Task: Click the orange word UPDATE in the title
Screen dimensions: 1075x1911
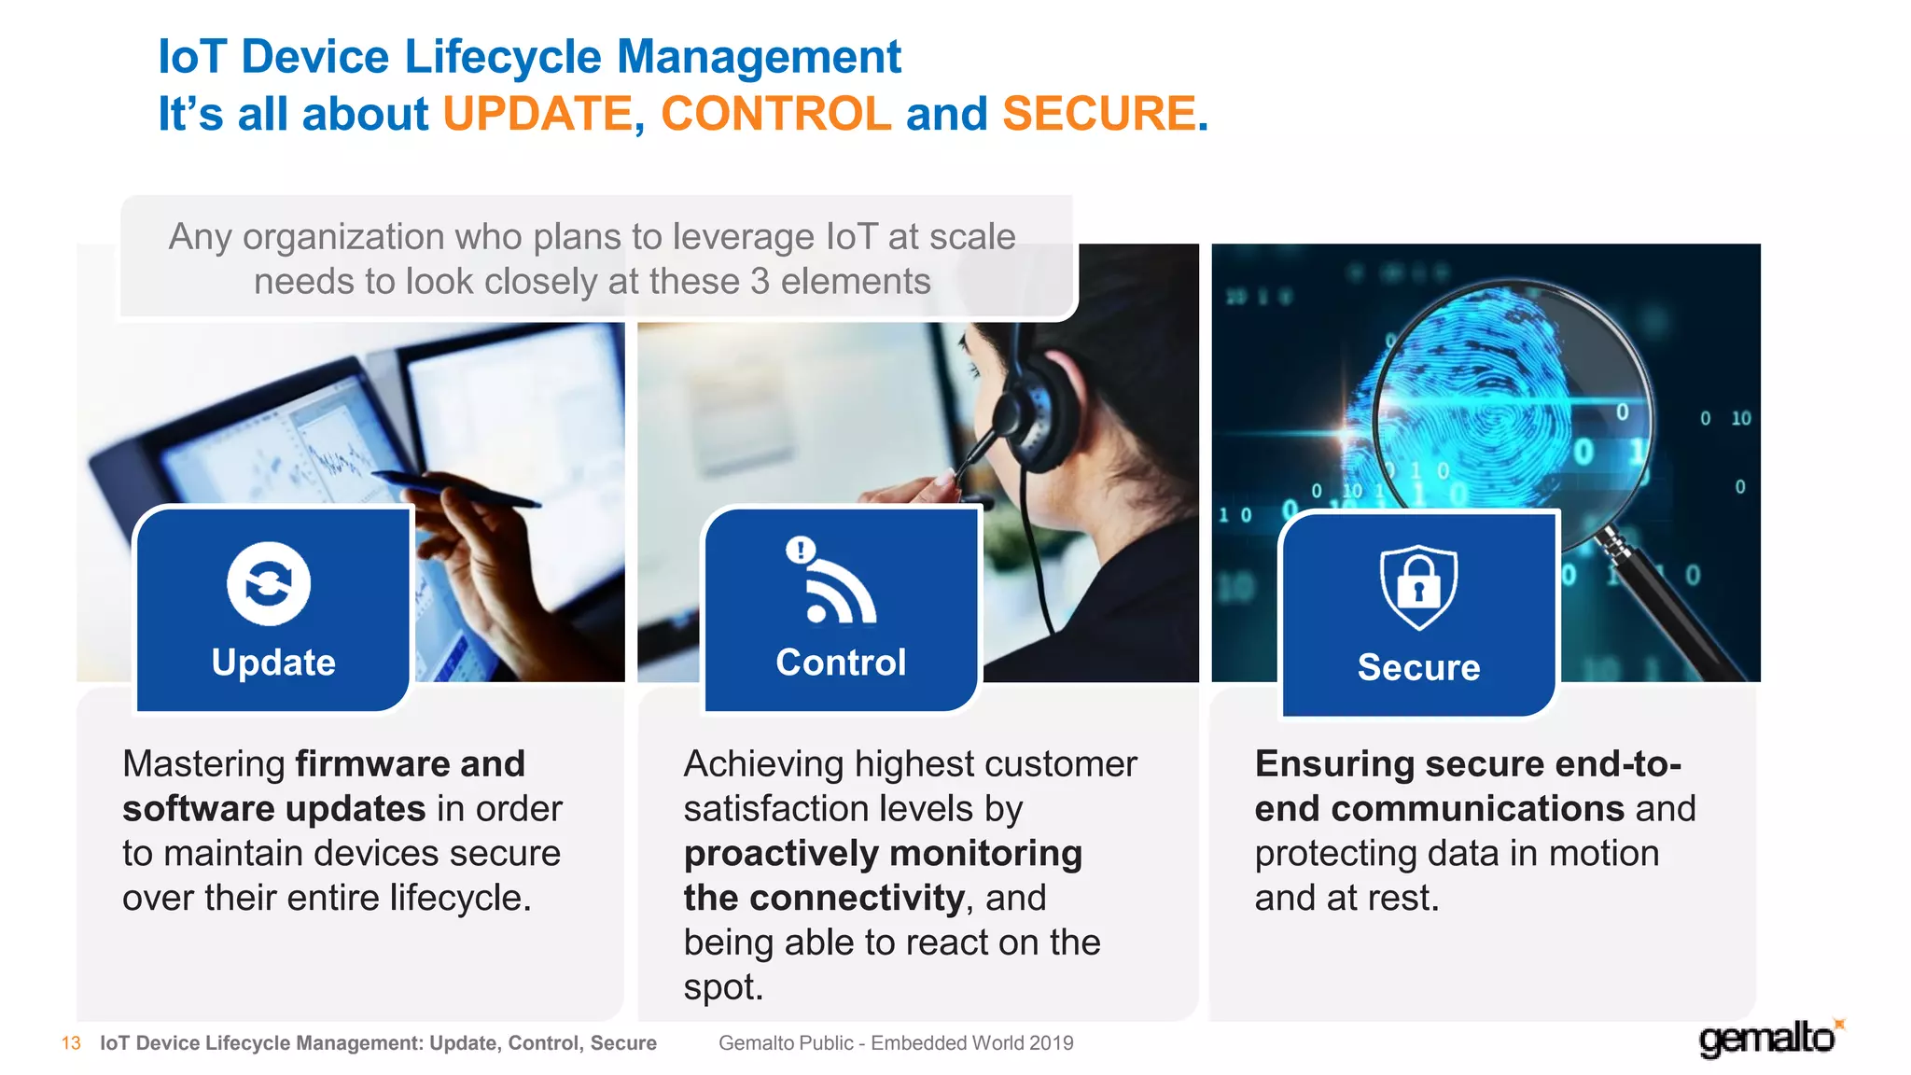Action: coord(538,115)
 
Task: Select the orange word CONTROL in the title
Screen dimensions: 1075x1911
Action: coord(776,115)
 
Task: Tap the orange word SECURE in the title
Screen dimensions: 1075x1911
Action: coord(1099,115)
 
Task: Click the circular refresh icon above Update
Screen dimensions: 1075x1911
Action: coord(269,584)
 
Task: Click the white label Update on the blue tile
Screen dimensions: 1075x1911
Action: coord(273,663)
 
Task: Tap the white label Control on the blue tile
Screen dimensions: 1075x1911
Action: coord(841,663)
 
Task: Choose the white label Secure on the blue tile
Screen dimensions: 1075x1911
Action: coord(1418,668)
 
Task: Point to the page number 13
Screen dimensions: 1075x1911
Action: coord(71,1043)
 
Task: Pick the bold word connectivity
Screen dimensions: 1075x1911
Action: coord(857,899)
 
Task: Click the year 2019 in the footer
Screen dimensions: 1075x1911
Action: coord(1052,1043)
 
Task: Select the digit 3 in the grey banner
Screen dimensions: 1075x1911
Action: coord(760,282)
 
